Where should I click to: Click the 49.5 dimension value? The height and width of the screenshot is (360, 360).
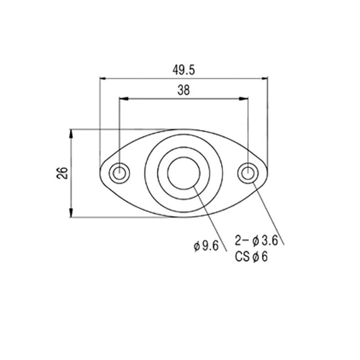183,70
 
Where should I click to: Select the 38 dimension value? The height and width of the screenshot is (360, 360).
183,90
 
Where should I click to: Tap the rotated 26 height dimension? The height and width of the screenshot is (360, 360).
63,173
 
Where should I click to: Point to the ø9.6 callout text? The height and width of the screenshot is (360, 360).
206,246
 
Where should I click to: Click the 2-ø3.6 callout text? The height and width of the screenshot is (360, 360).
256,241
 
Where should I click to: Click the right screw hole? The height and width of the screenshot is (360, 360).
247,173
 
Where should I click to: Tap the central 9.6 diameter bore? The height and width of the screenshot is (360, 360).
184,173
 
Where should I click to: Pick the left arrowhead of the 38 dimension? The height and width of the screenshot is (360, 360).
122,98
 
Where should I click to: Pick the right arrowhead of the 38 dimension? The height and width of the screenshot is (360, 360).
245,98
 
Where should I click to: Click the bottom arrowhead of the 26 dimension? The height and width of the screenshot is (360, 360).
71,214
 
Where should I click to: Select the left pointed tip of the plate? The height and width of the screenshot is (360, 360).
99,173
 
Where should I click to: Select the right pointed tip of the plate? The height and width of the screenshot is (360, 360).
268,173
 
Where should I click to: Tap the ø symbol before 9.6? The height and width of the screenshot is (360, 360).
197,247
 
